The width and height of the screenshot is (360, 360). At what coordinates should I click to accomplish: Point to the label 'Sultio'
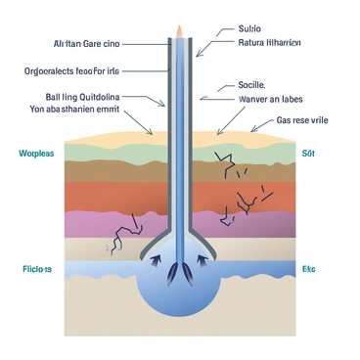coord(251,30)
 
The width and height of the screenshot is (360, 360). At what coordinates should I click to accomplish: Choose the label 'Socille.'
coord(251,85)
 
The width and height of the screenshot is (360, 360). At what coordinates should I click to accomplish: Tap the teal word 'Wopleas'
coord(34,154)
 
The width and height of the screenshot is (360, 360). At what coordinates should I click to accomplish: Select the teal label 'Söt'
coord(309,154)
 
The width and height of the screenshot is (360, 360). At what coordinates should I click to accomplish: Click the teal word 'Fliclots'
coord(37,268)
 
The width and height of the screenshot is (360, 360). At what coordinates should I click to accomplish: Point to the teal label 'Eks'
coord(309,268)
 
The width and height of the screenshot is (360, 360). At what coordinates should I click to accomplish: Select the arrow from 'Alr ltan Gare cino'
coord(142,44)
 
